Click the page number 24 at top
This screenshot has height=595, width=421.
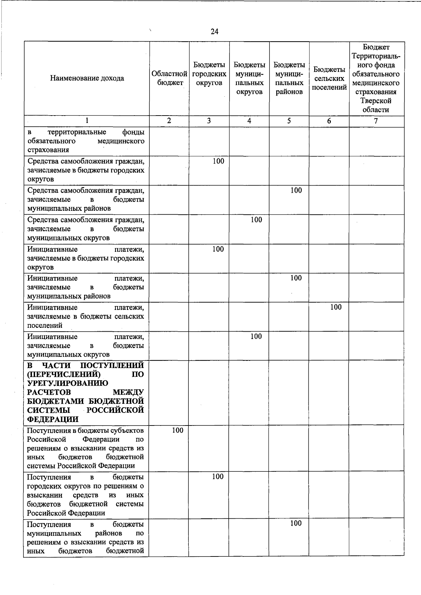click(x=214, y=32)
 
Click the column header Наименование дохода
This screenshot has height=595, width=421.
click(x=87, y=78)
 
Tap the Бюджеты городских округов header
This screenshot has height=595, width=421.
click(x=209, y=74)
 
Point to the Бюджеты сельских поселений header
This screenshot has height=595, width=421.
click(x=329, y=78)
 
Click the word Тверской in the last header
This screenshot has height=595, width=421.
click(x=376, y=101)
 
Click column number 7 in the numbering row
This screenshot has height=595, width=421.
click(x=376, y=121)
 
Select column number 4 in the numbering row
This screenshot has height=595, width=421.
click(x=249, y=121)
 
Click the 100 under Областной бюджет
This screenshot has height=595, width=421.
click(x=178, y=430)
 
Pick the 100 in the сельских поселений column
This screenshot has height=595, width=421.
click(x=336, y=307)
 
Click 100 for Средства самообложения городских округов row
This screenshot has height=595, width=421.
click(x=218, y=161)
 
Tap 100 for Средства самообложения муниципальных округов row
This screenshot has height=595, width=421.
click(x=256, y=220)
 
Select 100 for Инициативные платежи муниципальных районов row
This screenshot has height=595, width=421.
click(x=296, y=278)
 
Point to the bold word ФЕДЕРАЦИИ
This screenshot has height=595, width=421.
click(x=53, y=419)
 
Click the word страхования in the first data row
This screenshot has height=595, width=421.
click(x=48, y=150)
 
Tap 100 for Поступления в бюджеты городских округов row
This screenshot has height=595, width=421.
click(x=218, y=477)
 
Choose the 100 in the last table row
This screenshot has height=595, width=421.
click(x=296, y=523)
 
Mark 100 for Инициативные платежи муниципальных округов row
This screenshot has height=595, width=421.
click(x=256, y=337)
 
